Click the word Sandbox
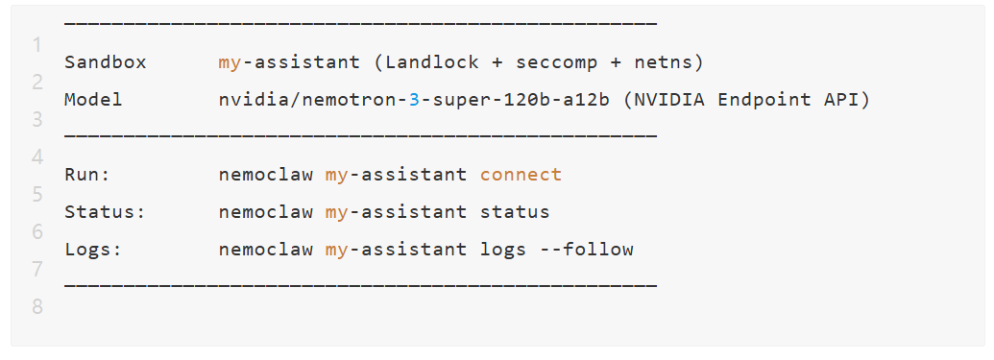(x=106, y=62)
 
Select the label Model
(x=93, y=100)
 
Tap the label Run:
(x=87, y=175)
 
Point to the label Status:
(x=106, y=212)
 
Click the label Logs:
(x=93, y=249)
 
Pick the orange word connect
(x=521, y=175)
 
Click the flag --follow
(x=587, y=249)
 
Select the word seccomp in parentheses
(x=557, y=62)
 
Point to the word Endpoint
(x=764, y=100)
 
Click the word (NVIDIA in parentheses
(x=664, y=100)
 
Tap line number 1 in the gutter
(x=37, y=45)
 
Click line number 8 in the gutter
(x=37, y=307)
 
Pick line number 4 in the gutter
(x=37, y=157)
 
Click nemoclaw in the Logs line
(x=266, y=249)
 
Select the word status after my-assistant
(x=515, y=212)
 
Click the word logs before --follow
(x=502, y=250)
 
